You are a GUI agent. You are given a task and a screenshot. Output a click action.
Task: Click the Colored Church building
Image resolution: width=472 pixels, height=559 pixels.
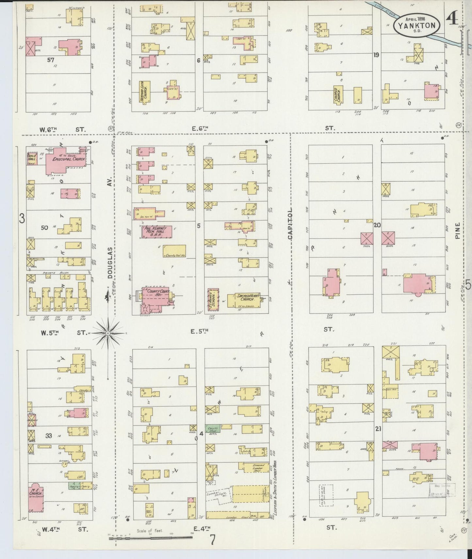[x=337, y=95]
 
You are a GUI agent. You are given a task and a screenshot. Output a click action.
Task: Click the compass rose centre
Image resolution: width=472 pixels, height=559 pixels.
[x=107, y=333]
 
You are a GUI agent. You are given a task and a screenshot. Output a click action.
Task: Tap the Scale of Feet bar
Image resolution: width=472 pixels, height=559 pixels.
[x=150, y=535]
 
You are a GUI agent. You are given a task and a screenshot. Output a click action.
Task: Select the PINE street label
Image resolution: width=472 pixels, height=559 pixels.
[x=457, y=230]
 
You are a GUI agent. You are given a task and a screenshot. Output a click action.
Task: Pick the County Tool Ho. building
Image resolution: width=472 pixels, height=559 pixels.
[x=175, y=250]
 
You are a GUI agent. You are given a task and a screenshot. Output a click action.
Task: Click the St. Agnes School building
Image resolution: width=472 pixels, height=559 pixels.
[x=213, y=298]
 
